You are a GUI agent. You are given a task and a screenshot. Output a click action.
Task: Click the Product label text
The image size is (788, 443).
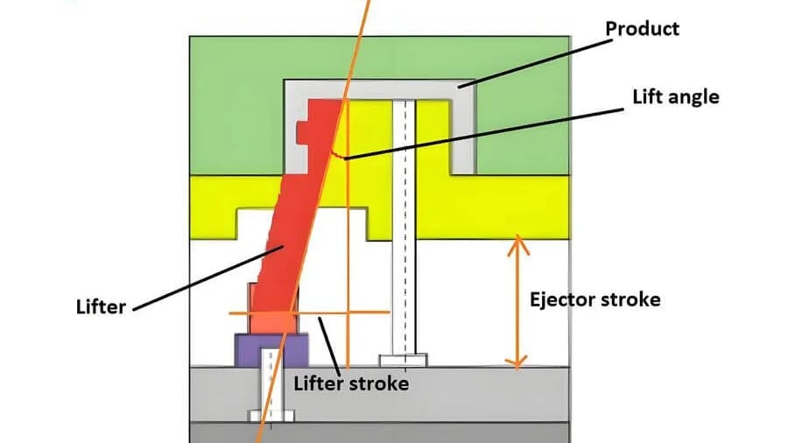642,29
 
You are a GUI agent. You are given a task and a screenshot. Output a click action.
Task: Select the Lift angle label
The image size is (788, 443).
675,96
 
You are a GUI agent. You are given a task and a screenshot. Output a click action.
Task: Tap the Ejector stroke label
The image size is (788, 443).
595,299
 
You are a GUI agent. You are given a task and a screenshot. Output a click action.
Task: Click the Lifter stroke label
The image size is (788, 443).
350,383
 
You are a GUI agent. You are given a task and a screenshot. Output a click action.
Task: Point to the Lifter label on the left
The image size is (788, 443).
102,307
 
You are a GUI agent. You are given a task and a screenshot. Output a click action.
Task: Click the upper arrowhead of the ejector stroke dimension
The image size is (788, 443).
519,243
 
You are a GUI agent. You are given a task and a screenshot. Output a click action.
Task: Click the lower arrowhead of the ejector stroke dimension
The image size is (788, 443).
519,361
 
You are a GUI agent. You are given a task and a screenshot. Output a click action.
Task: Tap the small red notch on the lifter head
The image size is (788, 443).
301,133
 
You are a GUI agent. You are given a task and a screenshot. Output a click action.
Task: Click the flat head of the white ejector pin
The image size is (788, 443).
403,359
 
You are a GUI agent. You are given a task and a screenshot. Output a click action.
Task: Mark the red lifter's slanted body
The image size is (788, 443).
280,236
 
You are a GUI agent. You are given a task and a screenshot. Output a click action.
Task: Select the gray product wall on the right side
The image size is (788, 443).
463,131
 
